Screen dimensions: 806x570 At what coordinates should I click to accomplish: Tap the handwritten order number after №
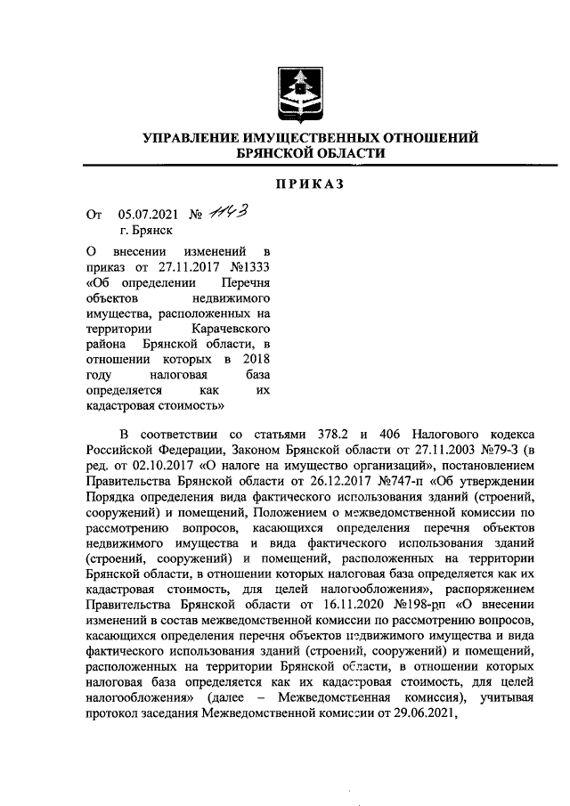point(229,212)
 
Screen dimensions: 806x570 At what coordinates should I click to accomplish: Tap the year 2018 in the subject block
point(255,359)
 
